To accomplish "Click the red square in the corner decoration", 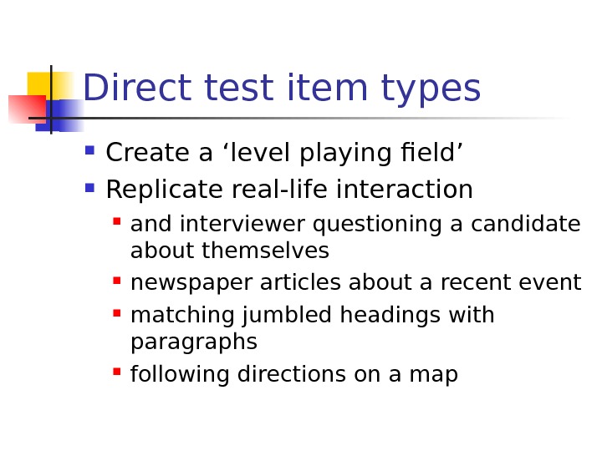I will pos(25,109).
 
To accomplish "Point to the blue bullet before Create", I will pos(89,152).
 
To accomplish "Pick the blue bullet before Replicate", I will pos(89,189).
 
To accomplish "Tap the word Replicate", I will pos(157,191).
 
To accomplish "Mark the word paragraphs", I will pos(194,343).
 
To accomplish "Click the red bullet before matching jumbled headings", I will pos(116,314).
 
